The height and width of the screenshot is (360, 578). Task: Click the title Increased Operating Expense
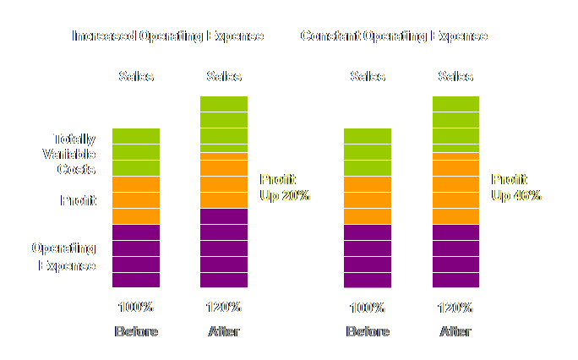167,36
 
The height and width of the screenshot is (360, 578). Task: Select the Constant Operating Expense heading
394,36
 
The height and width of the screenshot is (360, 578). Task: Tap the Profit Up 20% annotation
285,188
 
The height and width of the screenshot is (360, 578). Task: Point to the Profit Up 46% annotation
516,188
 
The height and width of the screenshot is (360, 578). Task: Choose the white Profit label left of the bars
78,201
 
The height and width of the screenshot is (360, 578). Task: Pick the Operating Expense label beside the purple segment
64,257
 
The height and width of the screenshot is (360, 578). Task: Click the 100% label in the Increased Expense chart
135,308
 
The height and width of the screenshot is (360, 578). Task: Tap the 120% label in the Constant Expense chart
455,308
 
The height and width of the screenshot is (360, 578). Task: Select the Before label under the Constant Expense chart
368,331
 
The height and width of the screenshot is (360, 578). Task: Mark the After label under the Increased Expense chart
224,331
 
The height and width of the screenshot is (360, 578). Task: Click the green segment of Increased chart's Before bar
136,152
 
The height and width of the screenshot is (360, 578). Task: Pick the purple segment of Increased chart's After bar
224,248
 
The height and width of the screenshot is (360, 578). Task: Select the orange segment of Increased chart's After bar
224,180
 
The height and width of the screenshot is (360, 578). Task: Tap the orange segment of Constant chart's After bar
455,188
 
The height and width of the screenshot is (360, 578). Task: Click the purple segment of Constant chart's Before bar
368,256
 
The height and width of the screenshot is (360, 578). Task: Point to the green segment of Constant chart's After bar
455,123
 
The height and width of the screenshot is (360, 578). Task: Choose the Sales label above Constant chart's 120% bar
455,77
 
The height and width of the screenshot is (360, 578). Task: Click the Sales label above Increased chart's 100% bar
136,77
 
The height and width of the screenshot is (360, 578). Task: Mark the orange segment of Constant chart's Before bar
368,200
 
